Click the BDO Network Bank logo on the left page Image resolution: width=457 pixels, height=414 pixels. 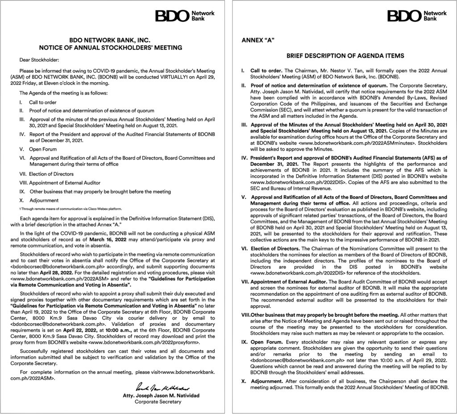pyautogui.click(x=185, y=16)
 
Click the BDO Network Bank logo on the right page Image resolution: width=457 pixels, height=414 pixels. pyautogui.click(x=417, y=16)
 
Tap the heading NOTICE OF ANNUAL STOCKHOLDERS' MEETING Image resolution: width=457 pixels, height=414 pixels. pyautogui.click(x=111, y=47)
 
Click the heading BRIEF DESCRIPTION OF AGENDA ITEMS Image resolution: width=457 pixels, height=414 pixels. pyautogui.click(x=345, y=56)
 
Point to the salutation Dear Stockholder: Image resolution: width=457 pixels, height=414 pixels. pyautogui.click(x=39, y=59)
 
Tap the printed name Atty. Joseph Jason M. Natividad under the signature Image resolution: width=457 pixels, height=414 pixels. pyautogui.click(x=158, y=395)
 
